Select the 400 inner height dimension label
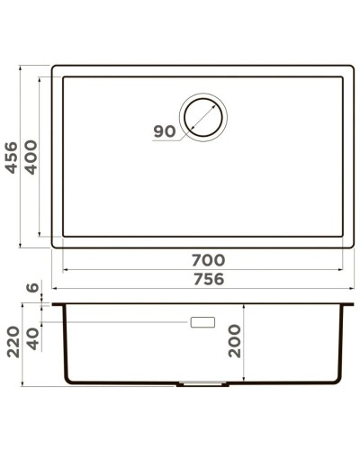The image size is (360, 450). tap(31, 158)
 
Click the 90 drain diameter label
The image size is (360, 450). tap(165, 131)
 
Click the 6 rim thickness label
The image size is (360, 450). tap(33, 289)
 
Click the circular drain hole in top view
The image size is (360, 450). tap(204, 117)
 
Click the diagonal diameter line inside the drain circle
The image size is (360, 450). tap(204, 117)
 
